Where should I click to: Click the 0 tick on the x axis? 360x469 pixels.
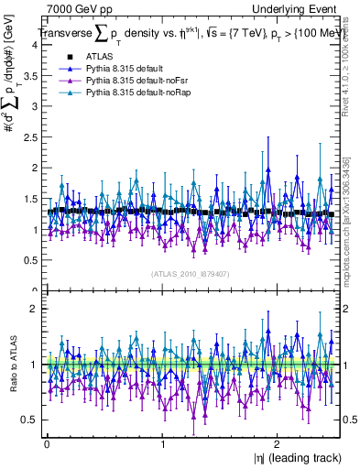[x=47, y=445]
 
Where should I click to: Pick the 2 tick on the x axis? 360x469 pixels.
[x=278, y=445]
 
